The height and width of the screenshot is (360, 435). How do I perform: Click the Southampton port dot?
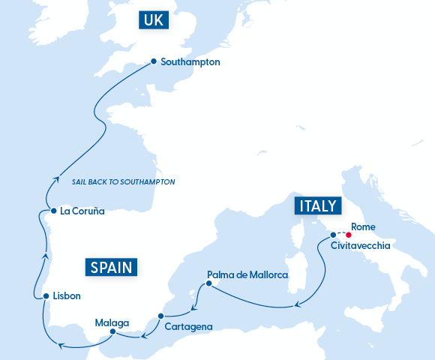pyautogui.click(x=154, y=62)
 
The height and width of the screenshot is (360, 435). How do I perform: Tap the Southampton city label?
pyautogui.click(x=190, y=62)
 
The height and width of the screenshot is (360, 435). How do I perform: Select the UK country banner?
pyautogui.click(x=155, y=20)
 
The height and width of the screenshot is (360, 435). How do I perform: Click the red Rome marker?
pyautogui.click(x=349, y=235)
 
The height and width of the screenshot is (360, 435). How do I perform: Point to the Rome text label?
pyautogui.click(x=363, y=226)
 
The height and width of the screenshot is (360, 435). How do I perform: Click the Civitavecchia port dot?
pyautogui.click(x=333, y=235)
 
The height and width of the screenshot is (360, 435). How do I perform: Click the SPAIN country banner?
pyautogui.click(x=112, y=267)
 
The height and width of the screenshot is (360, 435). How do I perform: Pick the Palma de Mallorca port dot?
pyautogui.click(x=208, y=283)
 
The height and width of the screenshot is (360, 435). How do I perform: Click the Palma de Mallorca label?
pyautogui.click(x=247, y=275)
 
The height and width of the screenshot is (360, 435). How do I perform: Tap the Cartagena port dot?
pyautogui.click(x=160, y=316)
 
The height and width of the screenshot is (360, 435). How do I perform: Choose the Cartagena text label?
pyautogui.click(x=189, y=326)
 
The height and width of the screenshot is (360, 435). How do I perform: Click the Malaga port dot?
pyautogui.click(x=112, y=331)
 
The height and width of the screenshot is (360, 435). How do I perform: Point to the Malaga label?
pyautogui.click(x=112, y=322)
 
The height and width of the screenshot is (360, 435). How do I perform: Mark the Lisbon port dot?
pyautogui.click(x=46, y=295)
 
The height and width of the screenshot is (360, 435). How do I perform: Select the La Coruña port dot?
pyautogui.click(x=50, y=211)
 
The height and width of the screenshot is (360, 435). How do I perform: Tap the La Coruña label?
pyautogui.click(x=82, y=211)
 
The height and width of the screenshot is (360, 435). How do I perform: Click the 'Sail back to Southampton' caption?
pyautogui.click(x=123, y=182)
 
